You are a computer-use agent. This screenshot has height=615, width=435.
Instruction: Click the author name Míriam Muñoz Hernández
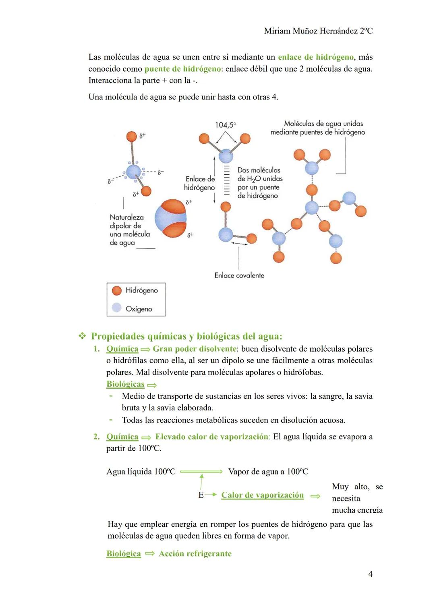(x=318, y=31)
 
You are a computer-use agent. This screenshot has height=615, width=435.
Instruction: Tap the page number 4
(x=370, y=574)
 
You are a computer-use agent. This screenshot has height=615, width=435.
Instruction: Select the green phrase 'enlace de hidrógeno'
(x=315, y=57)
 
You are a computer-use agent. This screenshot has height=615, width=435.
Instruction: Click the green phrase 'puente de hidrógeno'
(x=182, y=69)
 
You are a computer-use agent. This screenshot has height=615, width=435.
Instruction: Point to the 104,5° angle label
(x=225, y=125)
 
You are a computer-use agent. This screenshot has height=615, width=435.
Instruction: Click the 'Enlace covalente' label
(x=239, y=275)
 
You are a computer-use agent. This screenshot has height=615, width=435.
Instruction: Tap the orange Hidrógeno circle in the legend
(x=117, y=290)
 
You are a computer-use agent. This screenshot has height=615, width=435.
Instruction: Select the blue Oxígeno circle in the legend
(x=117, y=308)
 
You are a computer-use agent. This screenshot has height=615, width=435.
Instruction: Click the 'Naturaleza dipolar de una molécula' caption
(x=129, y=230)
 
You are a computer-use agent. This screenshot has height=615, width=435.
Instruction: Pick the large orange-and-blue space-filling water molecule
(x=171, y=218)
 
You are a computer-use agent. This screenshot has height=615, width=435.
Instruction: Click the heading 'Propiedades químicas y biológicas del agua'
(x=186, y=336)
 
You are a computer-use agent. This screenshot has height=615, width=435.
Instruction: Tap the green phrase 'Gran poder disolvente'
(x=194, y=349)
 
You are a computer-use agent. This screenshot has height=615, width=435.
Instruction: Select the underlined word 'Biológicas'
(x=125, y=384)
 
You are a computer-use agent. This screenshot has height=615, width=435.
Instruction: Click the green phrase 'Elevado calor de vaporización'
(x=211, y=437)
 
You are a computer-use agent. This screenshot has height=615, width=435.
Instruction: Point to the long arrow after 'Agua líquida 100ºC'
(x=201, y=472)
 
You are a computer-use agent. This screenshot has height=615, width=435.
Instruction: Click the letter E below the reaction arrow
(x=201, y=495)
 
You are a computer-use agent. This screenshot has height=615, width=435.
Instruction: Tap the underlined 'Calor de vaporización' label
(x=262, y=495)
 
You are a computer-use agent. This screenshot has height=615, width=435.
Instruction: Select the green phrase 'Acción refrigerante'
(x=195, y=554)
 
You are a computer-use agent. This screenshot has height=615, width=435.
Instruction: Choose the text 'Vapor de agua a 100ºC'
(x=268, y=472)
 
